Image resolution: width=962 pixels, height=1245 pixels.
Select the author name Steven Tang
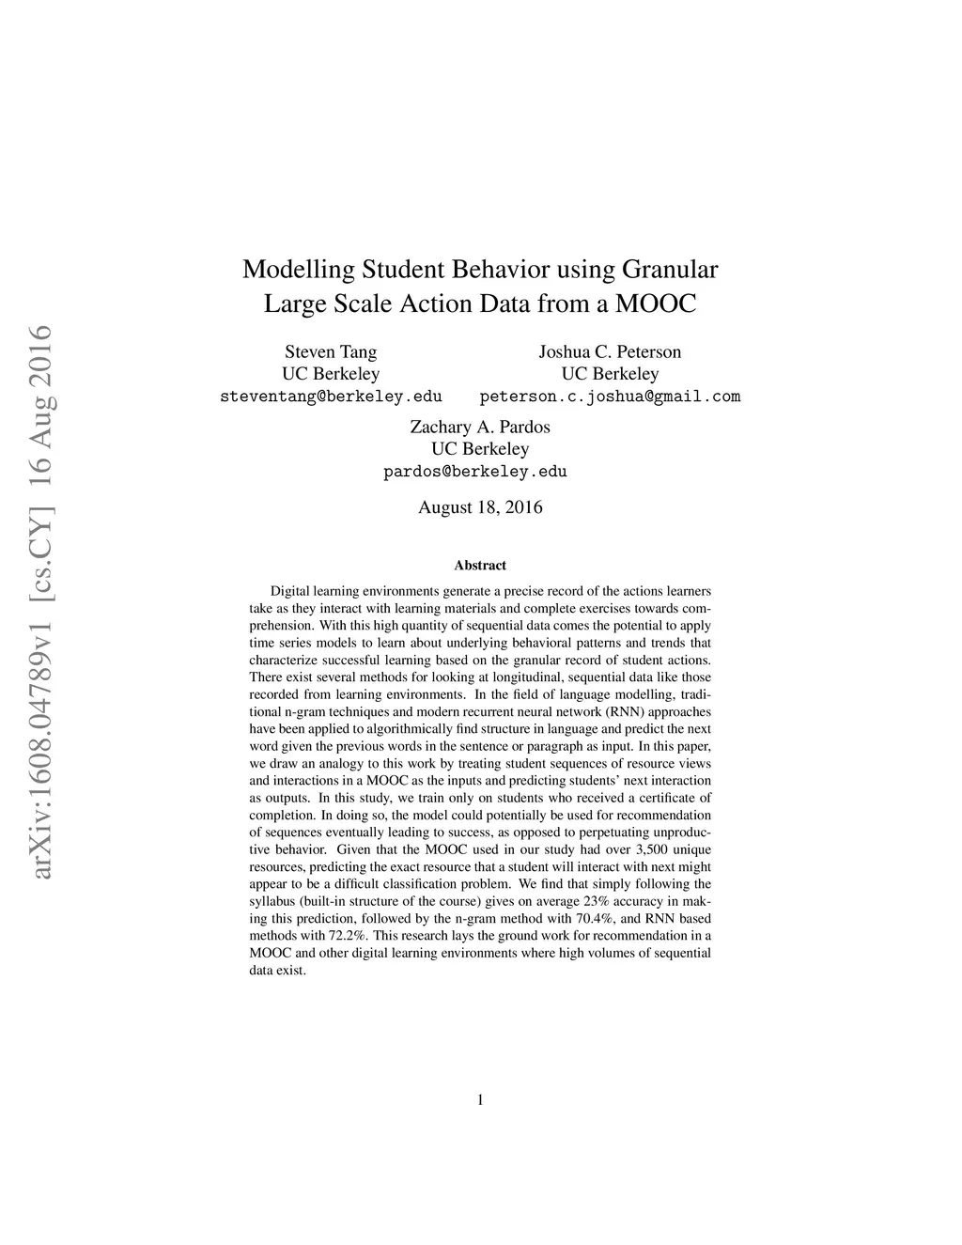tap(331, 352)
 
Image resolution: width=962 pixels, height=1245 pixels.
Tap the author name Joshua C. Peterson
tap(610, 352)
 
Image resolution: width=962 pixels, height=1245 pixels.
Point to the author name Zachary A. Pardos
tap(480, 428)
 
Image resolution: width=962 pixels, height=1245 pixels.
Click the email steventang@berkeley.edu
tap(331, 397)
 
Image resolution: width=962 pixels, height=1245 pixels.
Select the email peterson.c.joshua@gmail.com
tap(610, 397)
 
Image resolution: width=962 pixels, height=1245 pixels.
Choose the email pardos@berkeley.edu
tap(475, 472)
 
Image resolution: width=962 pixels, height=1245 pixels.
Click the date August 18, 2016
tap(480, 507)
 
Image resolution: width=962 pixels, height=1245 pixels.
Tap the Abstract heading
tap(480, 566)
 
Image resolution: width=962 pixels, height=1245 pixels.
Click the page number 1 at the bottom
tap(481, 1099)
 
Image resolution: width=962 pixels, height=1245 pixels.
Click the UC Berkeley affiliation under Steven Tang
tap(331, 374)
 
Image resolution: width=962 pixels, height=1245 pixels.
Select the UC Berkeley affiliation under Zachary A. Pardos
tap(480, 449)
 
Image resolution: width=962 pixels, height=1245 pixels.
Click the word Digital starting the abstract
tap(290, 591)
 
